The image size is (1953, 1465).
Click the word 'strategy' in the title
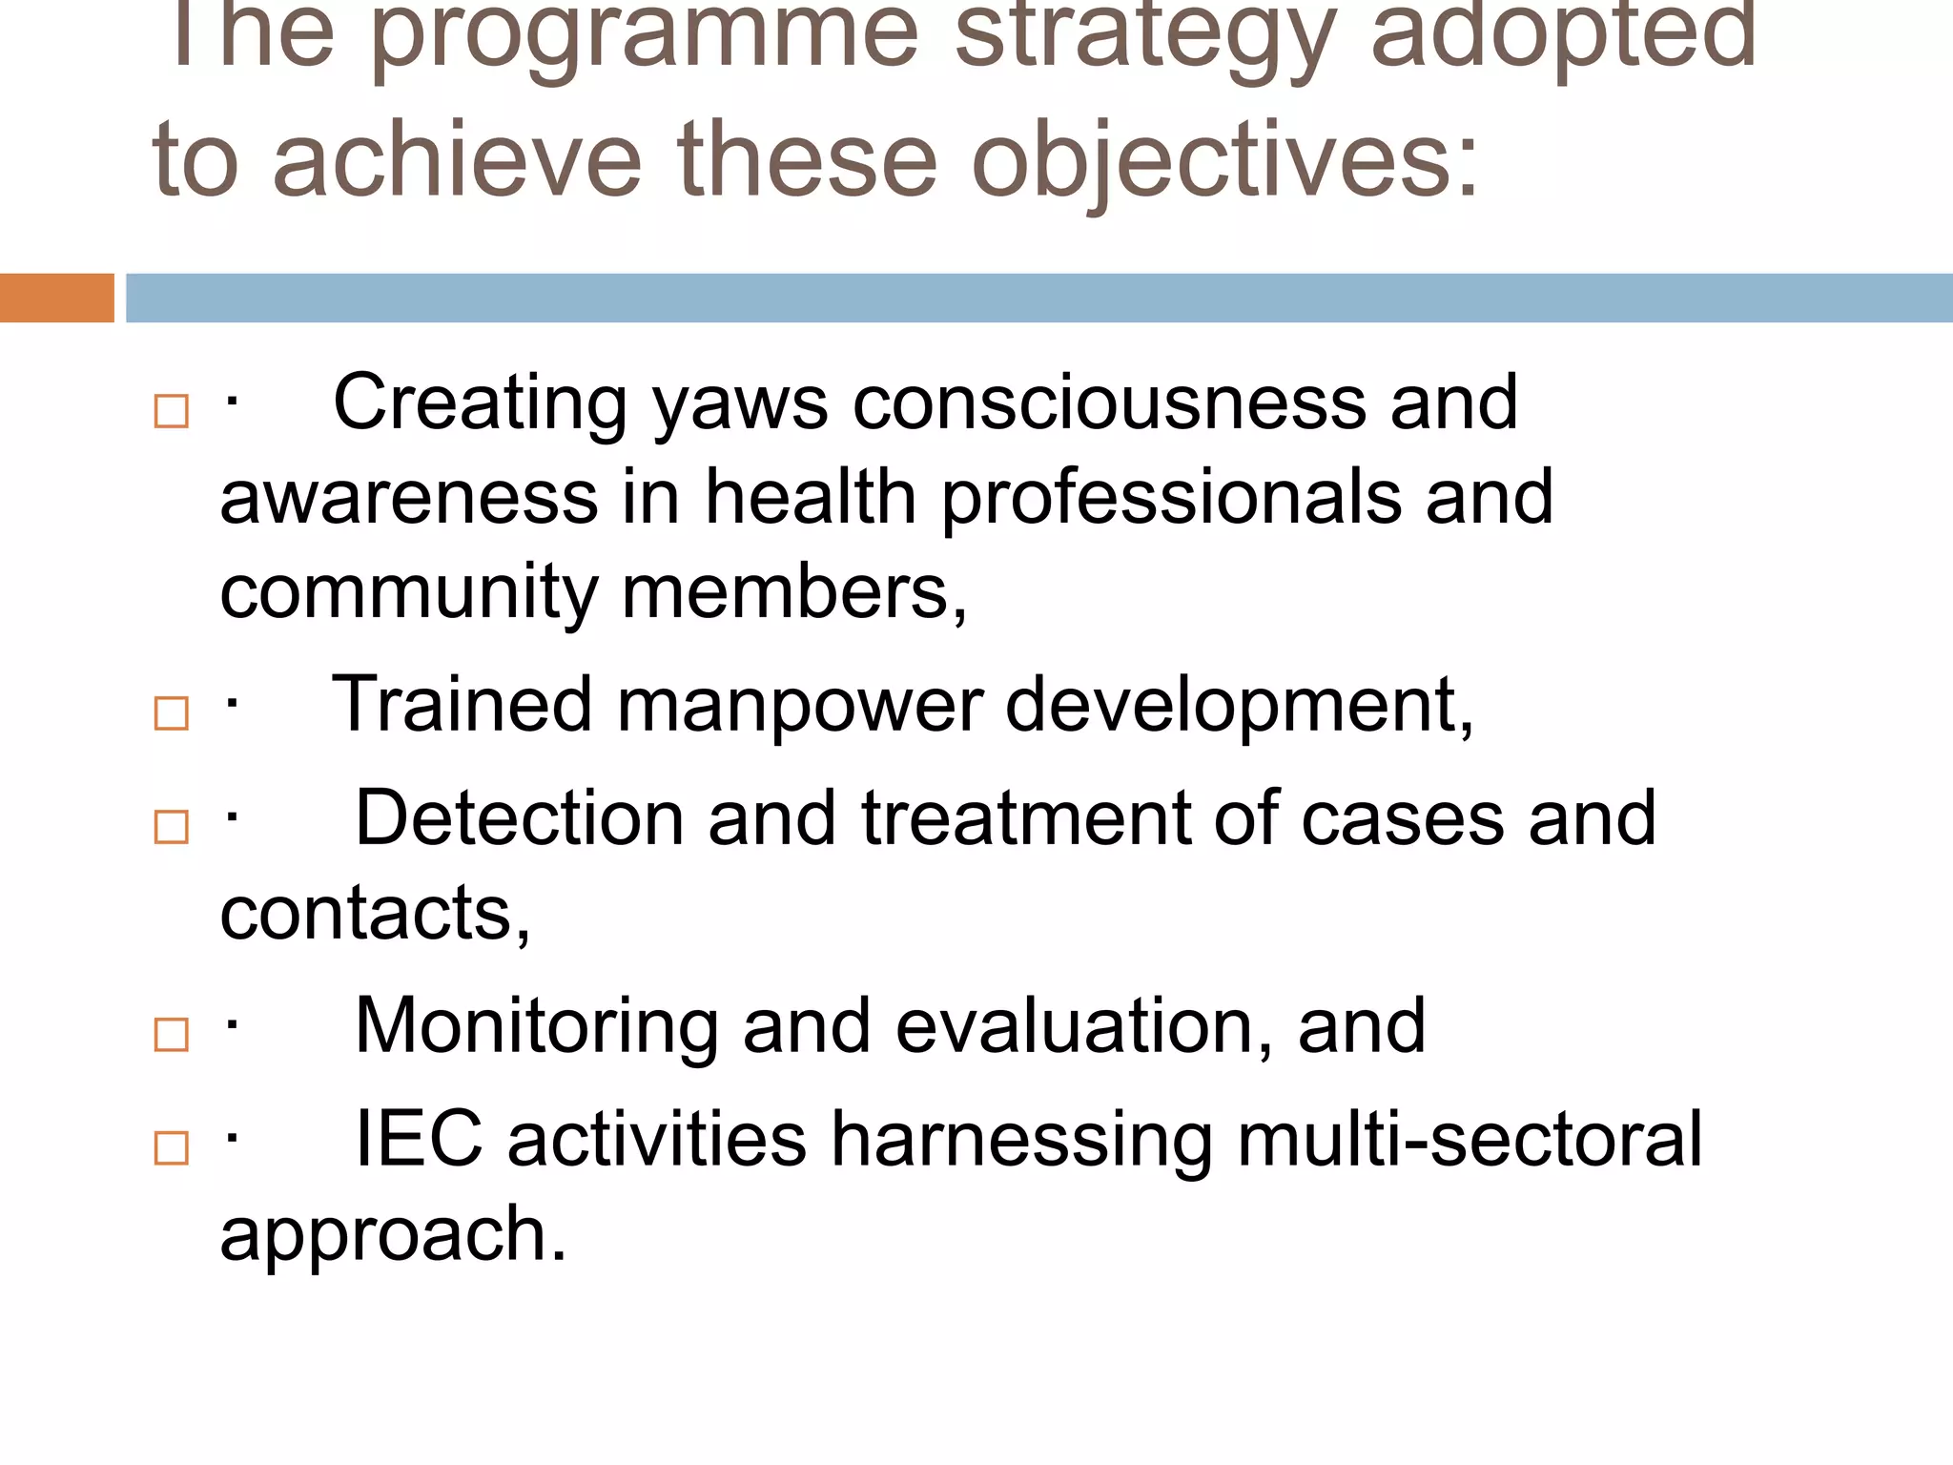1145,38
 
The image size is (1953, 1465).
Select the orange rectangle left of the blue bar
56,298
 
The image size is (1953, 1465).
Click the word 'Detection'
519,819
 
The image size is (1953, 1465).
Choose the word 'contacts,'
375,915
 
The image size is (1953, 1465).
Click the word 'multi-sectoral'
1469,1140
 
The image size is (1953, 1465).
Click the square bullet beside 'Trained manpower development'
172,713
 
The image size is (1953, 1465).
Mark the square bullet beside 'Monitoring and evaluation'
172,1035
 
